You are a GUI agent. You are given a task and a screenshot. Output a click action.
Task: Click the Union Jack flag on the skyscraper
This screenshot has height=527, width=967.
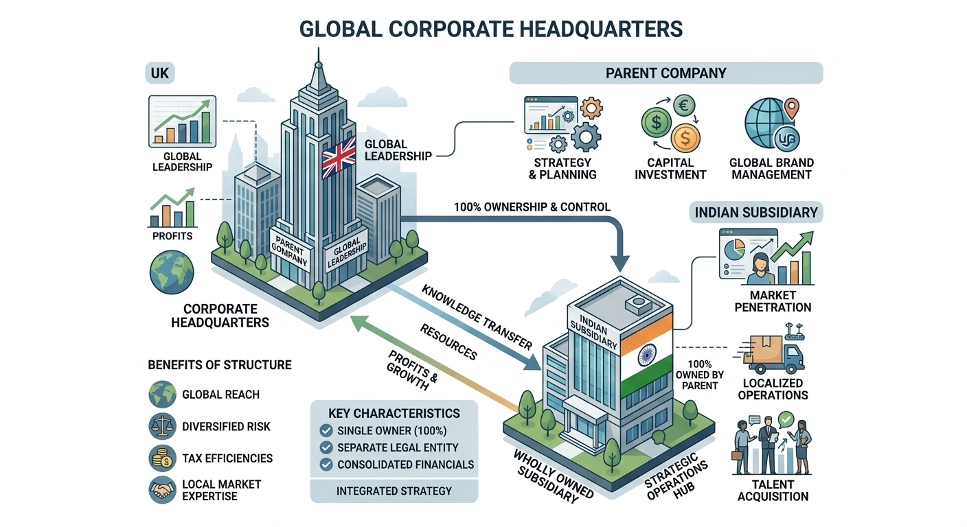(x=339, y=156)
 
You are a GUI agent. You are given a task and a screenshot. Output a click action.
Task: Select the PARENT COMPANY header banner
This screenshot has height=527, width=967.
(x=665, y=73)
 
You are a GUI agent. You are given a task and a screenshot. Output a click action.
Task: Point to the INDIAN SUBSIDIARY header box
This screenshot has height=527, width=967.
(x=756, y=211)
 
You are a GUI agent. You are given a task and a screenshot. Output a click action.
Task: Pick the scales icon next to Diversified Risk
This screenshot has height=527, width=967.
(x=163, y=426)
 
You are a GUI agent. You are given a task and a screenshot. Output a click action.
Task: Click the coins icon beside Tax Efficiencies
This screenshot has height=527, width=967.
(x=163, y=458)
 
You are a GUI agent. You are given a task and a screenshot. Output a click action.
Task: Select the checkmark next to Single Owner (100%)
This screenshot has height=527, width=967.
(x=326, y=431)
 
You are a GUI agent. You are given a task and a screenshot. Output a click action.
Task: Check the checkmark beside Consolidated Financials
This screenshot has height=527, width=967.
(x=326, y=465)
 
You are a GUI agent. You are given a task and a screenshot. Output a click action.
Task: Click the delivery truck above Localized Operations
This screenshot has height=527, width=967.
(x=773, y=352)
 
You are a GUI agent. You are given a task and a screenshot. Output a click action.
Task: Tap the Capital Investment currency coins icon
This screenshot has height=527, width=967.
(x=669, y=124)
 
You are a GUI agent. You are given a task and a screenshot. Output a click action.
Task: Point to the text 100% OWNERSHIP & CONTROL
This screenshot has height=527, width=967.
(x=532, y=206)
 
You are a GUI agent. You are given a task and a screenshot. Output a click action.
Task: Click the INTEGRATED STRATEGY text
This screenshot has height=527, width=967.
(x=394, y=491)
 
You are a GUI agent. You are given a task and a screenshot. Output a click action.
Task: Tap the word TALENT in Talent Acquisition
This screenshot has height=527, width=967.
(x=773, y=484)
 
